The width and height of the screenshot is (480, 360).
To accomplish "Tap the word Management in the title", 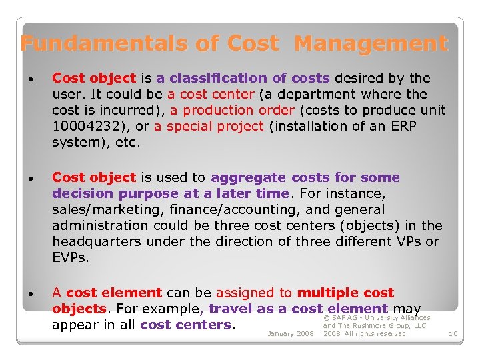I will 371,44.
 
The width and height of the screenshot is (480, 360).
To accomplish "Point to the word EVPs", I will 70,257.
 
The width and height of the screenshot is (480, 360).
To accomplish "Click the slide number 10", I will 453,333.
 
